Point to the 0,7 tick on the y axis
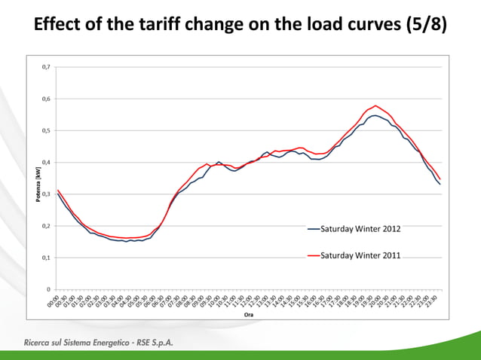coord(46,67)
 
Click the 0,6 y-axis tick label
coord(46,99)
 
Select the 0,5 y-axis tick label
coord(46,130)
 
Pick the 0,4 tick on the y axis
coord(46,162)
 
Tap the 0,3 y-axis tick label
coord(46,194)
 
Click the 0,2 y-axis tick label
coord(46,225)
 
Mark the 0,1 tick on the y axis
coord(46,257)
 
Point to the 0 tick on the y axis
coord(48,288)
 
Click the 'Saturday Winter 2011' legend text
coord(361,256)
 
